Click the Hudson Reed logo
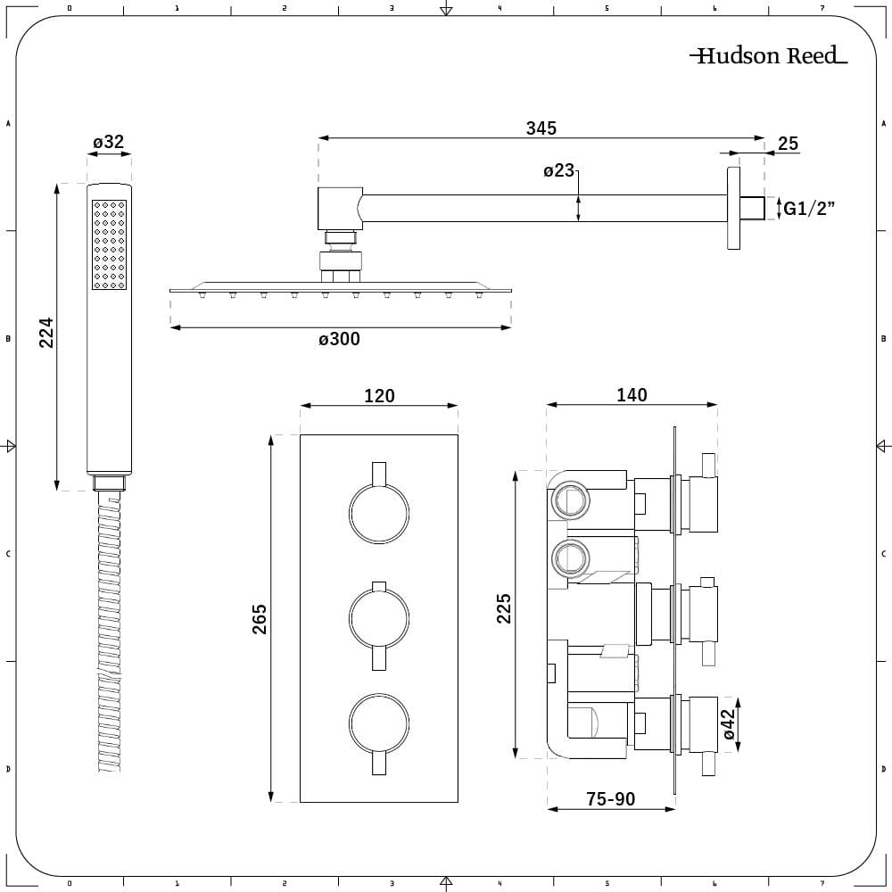768,56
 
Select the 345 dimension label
541,128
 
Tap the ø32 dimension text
108,142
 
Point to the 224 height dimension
46,333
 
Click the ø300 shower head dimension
340,339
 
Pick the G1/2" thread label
808,209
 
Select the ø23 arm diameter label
559,170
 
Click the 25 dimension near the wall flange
788,144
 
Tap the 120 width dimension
379,395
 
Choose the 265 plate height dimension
260,619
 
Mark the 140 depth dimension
632,395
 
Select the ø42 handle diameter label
730,725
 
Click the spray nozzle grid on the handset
109,244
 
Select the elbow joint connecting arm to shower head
340,208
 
